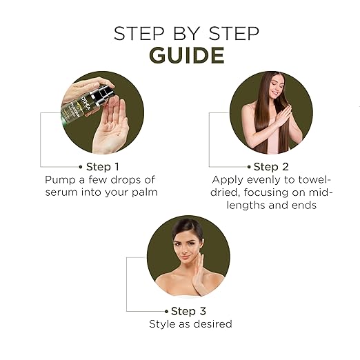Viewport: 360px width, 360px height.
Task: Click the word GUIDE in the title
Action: pos(187,55)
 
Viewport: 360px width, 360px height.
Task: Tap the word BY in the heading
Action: pos(186,34)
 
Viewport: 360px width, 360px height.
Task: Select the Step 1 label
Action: pos(103,167)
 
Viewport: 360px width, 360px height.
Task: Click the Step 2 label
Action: pos(271,167)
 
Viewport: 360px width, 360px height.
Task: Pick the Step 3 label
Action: pos(188,311)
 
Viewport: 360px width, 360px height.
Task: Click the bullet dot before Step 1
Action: pos(81,167)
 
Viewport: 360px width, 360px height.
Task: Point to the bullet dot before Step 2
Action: pos(249,167)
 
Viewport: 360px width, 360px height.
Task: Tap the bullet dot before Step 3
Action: pos(166,312)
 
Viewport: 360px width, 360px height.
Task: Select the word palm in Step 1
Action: pos(145,192)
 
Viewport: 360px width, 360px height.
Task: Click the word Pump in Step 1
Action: pos(60,180)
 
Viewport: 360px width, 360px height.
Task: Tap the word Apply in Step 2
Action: pos(228,180)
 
